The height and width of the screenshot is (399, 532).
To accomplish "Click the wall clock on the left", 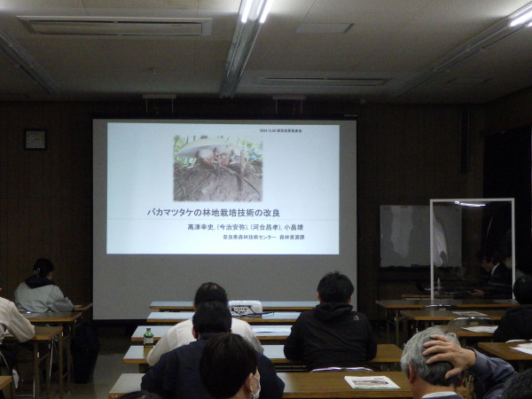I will [x=35, y=139].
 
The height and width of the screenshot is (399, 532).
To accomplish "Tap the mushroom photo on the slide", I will [x=217, y=168].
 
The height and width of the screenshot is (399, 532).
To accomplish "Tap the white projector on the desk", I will [x=246, y=308].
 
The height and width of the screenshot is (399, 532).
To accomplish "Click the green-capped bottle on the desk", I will [x=148, y=337].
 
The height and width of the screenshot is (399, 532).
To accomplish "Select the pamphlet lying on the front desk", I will [x=372, y=382].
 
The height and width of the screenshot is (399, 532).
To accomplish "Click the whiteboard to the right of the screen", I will [x=405, y=236].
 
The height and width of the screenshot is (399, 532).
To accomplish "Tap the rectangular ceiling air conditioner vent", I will [x=115, y=26].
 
